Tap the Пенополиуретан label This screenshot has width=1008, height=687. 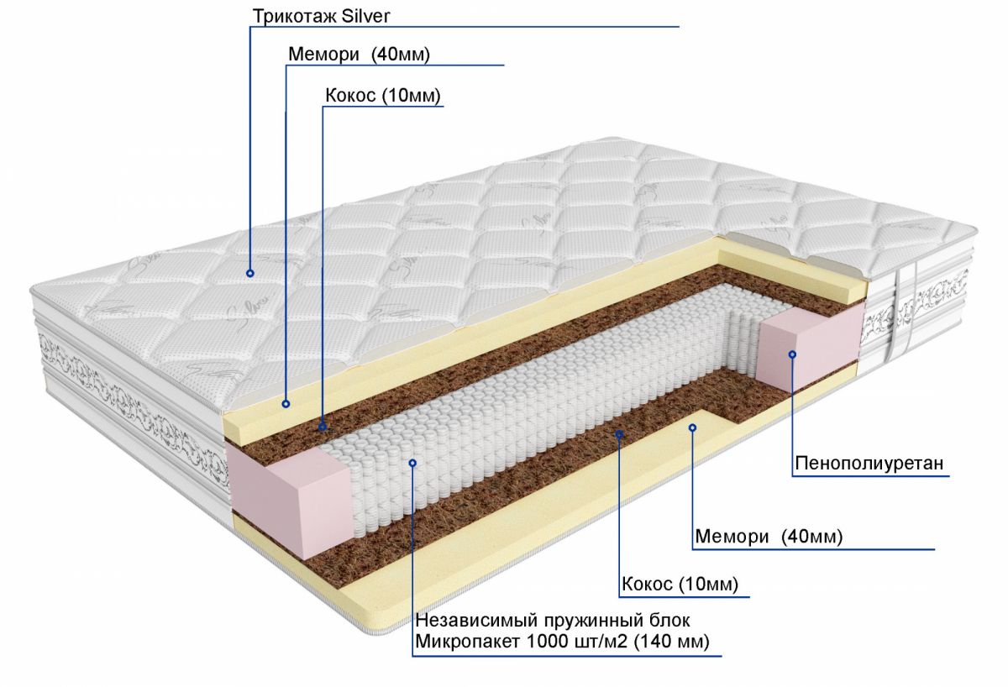(x=869, y=463)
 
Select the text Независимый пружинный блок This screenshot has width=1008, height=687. (x=553, y=621)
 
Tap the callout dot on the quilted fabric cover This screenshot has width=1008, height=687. (x=250, y=273)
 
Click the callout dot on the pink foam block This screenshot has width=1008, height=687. (x=791, y=354)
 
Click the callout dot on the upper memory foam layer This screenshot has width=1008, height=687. (x=286, y=404)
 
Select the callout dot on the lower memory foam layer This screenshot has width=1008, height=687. (x=693, y=427)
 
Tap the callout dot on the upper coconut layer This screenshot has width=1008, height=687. (x=323, y=427)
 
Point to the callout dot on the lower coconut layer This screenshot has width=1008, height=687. (x=619, y=434)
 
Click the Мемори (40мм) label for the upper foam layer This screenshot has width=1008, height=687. (x=359, y=55)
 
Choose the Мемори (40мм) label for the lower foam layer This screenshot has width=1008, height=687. (x=769, y=537)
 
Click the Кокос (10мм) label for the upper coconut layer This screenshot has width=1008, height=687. (x=383, y=96)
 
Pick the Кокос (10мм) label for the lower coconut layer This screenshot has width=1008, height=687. (x=680, y=584)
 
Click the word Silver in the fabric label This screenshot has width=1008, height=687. (x=364, y=16)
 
